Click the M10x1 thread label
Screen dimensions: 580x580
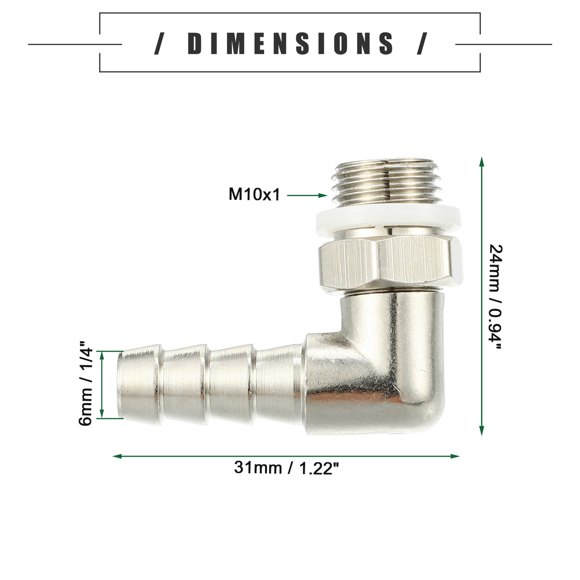[254, 195]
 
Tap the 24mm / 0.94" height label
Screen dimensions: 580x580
[495, 296]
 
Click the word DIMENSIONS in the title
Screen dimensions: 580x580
[290, 43]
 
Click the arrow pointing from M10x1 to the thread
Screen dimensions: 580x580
[307, 195]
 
